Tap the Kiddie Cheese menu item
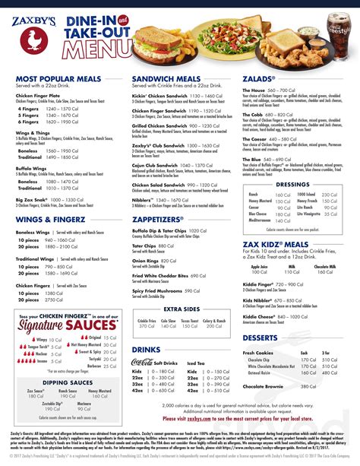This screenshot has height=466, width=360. point(264,293)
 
